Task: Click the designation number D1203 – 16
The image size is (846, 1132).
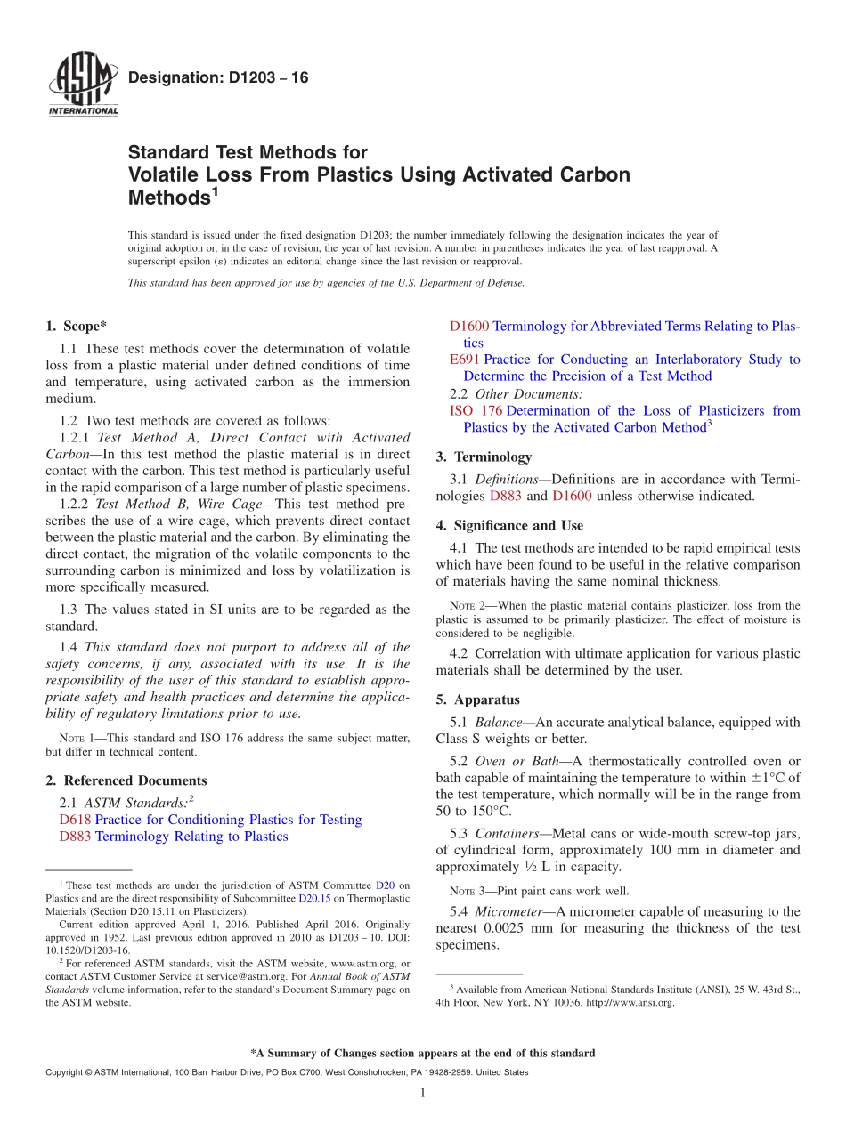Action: pos(218,78)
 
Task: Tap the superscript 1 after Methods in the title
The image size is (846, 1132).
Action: pos(215,190)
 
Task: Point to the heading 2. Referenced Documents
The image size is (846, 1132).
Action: pos(126,780)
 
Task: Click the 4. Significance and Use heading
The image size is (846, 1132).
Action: pos(509,525)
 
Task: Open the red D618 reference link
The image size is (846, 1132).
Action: pos(76,820)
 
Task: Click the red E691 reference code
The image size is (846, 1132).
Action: pos(465,360)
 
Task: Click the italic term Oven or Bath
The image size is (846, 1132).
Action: pos(520,761)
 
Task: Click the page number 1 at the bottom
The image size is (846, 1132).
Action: pos(423,1093)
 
